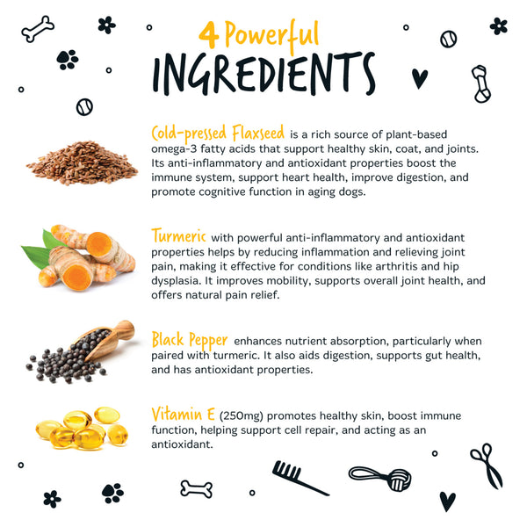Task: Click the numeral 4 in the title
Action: click(x=209, y=36)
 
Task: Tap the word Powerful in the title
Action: click(x=271, y=34)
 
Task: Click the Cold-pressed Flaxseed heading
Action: click(x=218, y=133)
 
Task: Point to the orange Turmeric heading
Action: click(x=179, y=235)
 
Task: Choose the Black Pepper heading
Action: click(x=190, y=339)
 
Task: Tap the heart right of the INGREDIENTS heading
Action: click(x=420, y=78)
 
